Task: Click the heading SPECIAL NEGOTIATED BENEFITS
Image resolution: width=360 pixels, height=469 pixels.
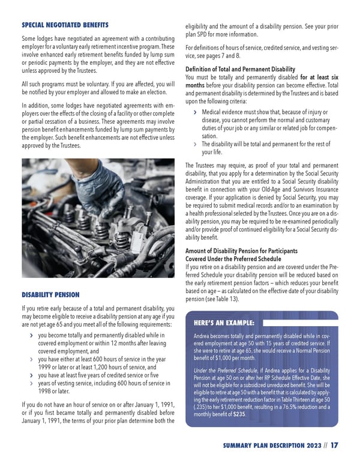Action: pos(65,25)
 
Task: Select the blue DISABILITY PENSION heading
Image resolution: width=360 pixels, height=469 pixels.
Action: pos(51,295)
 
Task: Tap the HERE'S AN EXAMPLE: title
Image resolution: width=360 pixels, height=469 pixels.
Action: pos(224,321)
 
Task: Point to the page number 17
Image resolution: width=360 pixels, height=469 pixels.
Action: pos(334,445)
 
